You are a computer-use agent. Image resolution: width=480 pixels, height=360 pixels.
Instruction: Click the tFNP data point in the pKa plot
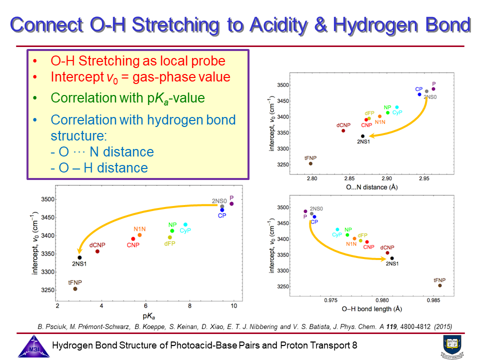[x=75, y=288]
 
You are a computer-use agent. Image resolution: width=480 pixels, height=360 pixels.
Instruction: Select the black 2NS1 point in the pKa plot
[x=79, y=257]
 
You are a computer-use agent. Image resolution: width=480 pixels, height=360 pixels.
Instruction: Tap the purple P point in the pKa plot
[x=231, y=203]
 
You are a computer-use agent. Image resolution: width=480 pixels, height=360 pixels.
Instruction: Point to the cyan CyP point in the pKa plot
[x=185, y=224]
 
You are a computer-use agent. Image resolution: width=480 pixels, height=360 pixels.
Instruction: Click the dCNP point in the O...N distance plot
[x=343, y=130]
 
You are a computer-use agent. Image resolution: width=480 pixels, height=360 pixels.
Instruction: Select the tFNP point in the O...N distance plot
[x=310, y=163]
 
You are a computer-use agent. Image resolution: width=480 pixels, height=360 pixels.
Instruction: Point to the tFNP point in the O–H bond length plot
[x=440, y=285]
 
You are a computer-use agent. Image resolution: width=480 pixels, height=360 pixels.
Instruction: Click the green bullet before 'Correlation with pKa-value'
[x=34, y=97]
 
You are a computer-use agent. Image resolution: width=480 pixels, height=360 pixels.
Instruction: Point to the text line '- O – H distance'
[x=99, y=168]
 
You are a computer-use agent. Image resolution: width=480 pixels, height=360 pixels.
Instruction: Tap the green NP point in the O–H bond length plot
[x=347, y=234]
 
